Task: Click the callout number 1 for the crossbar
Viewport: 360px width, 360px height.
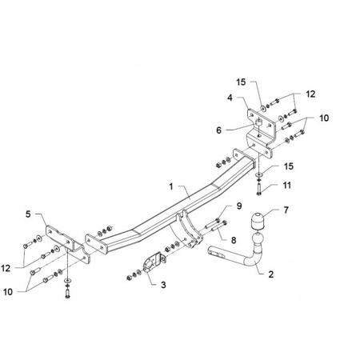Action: [171, 186]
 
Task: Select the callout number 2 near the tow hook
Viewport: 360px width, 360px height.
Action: [271, 274]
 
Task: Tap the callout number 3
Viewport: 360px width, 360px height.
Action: [163, 285]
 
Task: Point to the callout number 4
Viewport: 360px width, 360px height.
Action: [230, 98]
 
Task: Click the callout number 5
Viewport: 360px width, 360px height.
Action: [28, 214]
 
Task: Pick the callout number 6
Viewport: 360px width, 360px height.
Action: [218, 130]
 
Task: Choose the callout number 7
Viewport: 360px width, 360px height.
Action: [286, 210]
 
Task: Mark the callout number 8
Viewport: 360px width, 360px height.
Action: [234, 240]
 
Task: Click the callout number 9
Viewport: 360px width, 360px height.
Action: [239, 206]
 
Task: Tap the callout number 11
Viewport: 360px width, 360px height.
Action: [286, 185]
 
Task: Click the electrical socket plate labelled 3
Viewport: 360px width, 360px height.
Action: [153, 262]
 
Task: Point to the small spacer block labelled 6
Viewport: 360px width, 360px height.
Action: [258, 123]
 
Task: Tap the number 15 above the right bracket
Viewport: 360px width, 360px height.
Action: [241, 82]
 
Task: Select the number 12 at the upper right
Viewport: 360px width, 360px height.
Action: [310, 94]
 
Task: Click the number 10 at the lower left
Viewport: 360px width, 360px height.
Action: [8, 292]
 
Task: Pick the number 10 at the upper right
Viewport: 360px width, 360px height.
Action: [324, 118]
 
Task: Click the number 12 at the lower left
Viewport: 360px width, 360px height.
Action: [6, 268]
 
